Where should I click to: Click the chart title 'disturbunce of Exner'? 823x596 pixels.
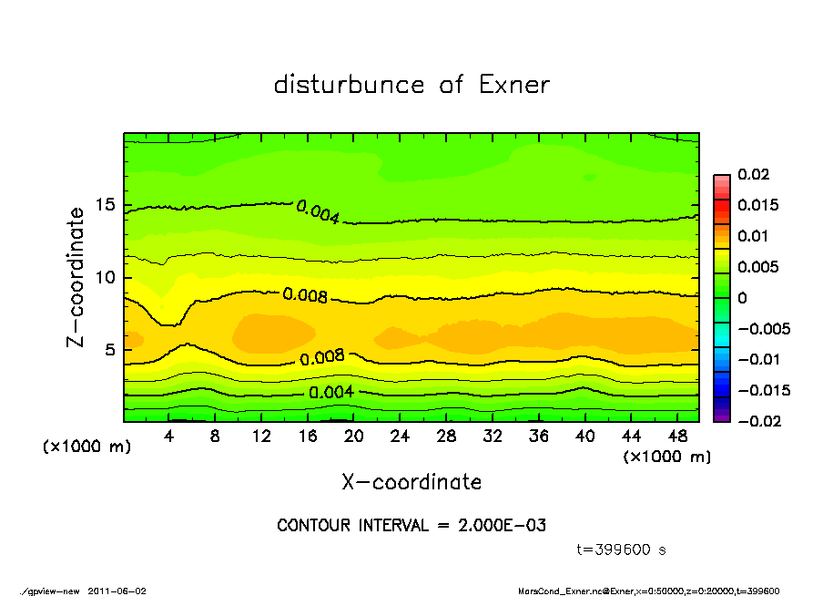click(x=411, y=85)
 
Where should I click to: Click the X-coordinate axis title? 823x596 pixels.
click(x=411, y=481)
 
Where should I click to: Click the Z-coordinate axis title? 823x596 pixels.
click(x=76, y=276)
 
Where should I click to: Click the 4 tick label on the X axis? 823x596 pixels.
click(x=169, y=437)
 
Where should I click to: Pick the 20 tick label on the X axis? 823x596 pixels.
click(x=354, y=437)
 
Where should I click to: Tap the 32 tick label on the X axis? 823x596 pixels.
click(x=493, y=437)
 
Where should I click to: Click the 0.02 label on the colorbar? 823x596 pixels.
click(x=753, y=174)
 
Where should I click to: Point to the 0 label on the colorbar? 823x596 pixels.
click(x=742, y=297)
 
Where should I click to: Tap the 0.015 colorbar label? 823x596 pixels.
click(x=757, y=205)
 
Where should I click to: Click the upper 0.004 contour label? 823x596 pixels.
click(x=319, y=212)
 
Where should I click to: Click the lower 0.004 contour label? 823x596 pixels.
click(x=331, y=393)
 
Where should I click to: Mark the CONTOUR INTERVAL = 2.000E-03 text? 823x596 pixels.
click(x=411, y=526)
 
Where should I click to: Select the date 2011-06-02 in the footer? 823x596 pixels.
click(x=117, y=591)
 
